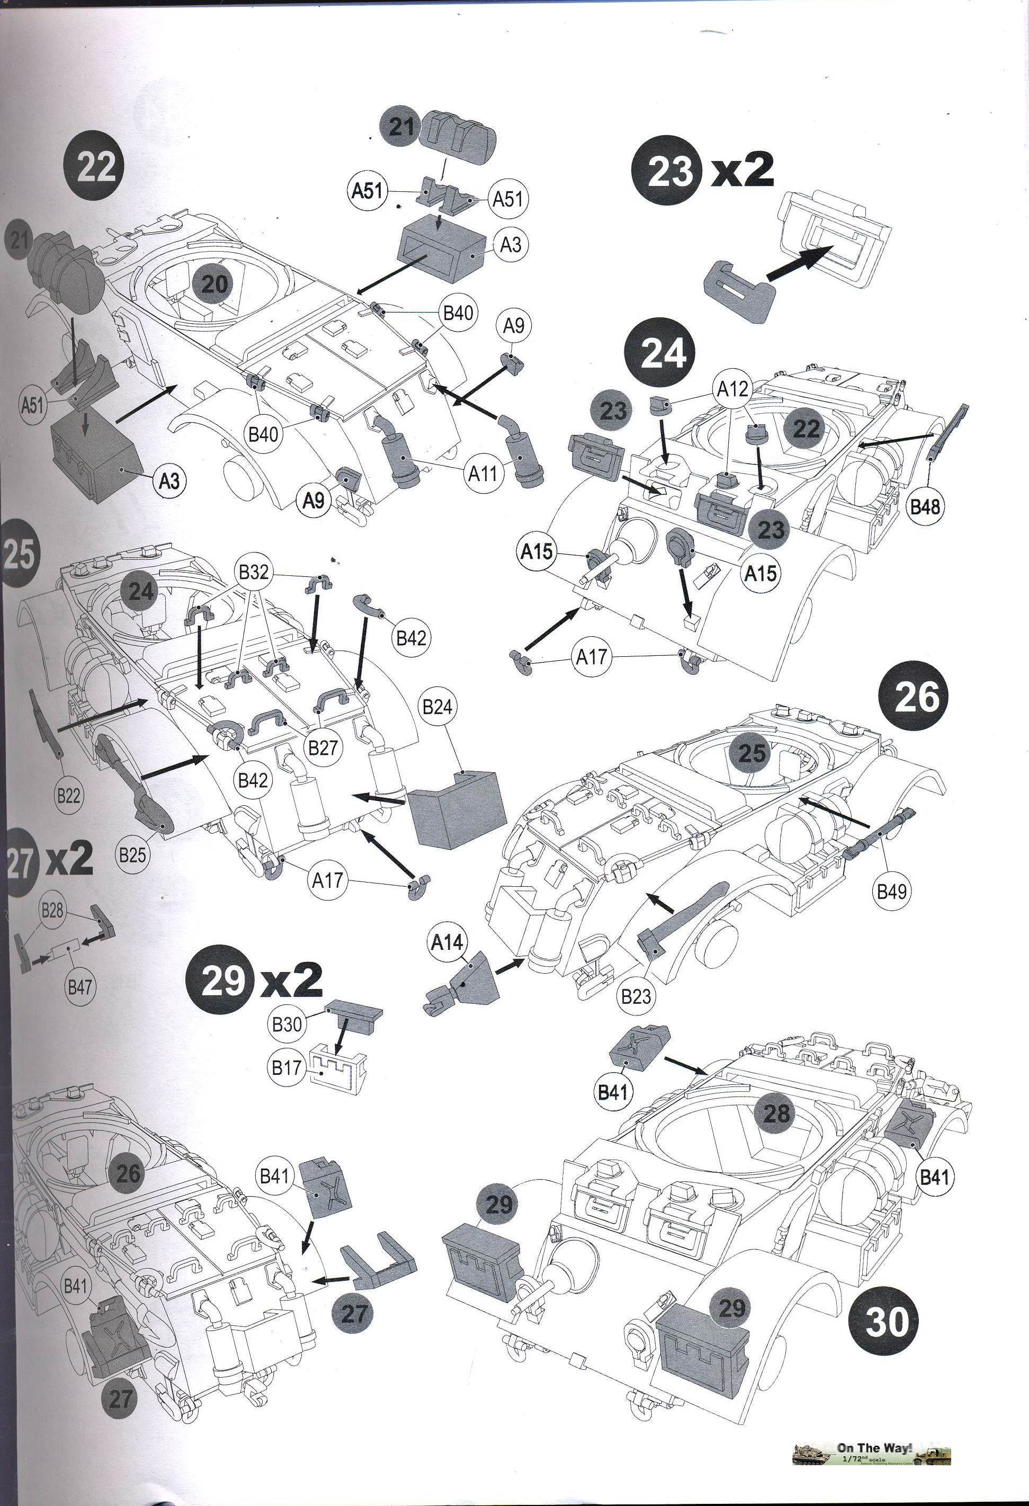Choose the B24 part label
pos(437,707)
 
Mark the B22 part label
pos(67,795)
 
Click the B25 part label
pos(133,855)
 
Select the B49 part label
pos(892,891)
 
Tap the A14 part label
pos(447,942)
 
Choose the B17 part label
pos(287,1067)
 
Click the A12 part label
pos(732,389)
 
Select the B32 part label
pos(253,572)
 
